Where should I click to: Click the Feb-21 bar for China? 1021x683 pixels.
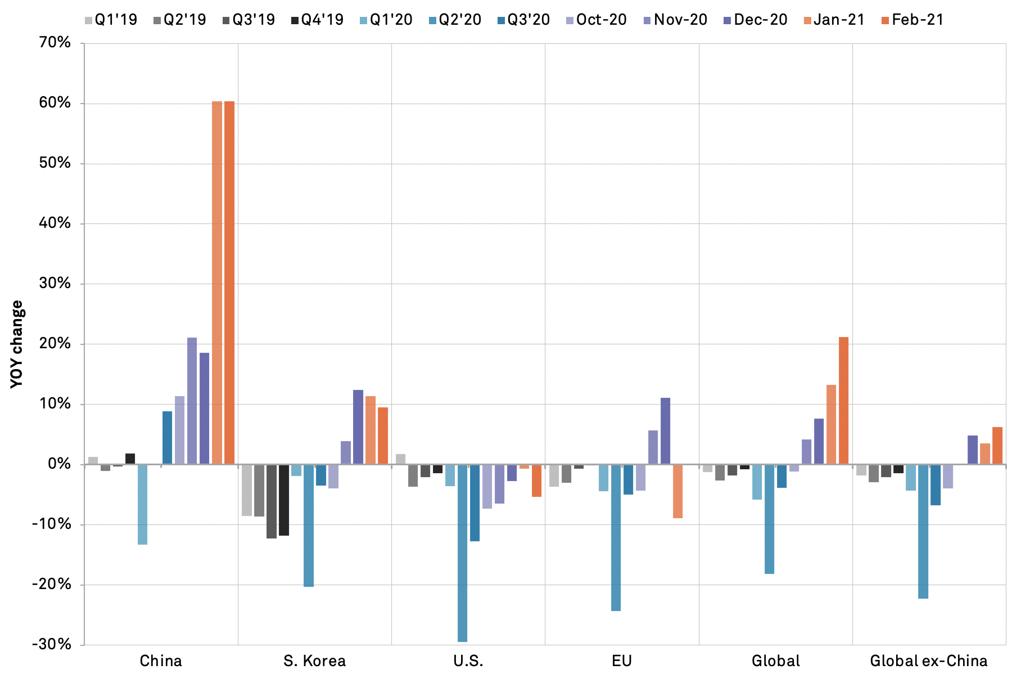229,282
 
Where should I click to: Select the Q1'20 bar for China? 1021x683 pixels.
142,504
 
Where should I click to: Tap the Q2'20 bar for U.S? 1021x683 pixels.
462,552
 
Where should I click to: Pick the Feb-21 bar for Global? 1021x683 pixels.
843,401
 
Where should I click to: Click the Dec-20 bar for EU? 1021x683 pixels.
665,431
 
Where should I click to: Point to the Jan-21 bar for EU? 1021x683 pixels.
677,491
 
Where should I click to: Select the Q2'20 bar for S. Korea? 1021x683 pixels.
309,525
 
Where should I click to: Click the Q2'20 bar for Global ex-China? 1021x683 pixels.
923,531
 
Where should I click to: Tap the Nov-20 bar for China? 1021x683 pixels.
192,401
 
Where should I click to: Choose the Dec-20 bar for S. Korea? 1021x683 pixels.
358,427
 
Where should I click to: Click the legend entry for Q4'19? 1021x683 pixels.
317,20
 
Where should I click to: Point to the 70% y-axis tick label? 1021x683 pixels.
55,43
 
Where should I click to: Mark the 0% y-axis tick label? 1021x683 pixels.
59,464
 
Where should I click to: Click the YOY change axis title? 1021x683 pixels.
17,344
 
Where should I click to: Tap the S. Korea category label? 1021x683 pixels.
314,660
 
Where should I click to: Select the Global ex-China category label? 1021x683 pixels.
929,660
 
